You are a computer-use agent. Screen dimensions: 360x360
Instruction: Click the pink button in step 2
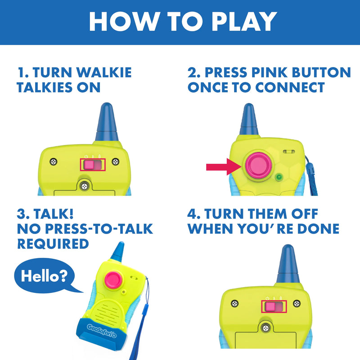(255, 164)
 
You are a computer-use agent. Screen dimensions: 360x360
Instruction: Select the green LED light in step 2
(279, 177)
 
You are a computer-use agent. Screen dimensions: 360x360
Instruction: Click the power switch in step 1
(93, 165)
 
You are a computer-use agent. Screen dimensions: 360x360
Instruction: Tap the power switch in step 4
(273, 307)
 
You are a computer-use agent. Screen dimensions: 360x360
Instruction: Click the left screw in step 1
(54, 161)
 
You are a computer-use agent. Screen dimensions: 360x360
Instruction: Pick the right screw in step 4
(296, 304)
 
